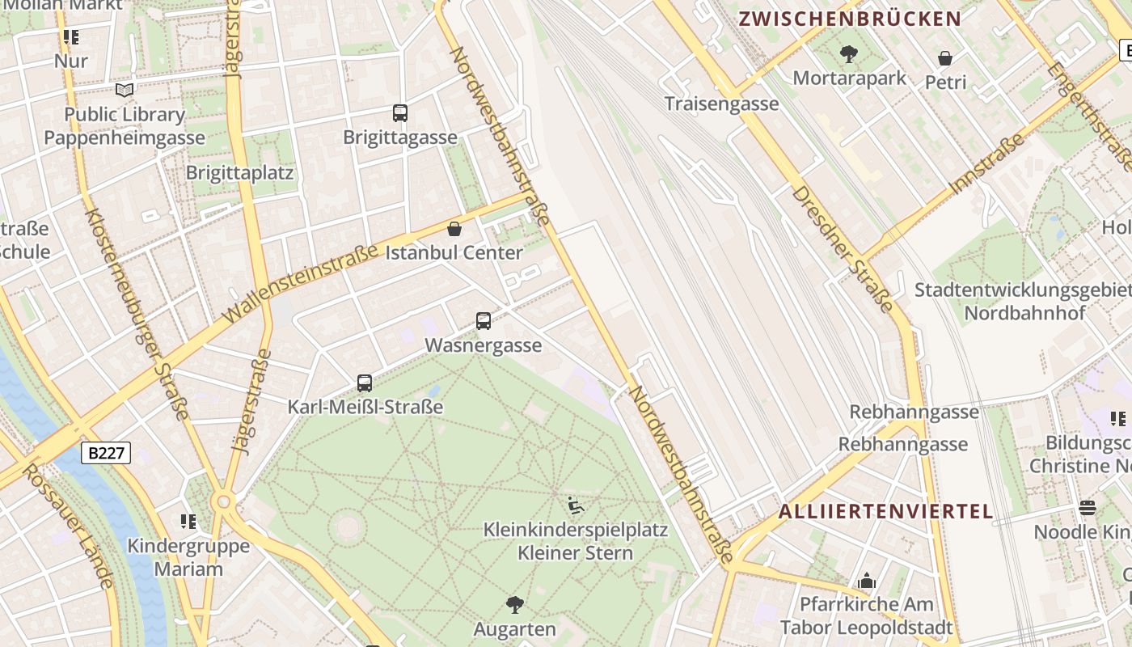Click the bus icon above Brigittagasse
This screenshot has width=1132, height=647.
400,113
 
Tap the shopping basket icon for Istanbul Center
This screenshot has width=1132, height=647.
454,229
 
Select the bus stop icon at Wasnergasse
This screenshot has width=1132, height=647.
484,321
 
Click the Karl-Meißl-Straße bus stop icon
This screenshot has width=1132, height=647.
365,383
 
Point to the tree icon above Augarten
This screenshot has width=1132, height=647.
514,604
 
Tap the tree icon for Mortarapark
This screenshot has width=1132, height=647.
849,54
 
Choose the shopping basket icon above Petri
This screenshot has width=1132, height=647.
945,58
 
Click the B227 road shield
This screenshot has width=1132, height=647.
106,453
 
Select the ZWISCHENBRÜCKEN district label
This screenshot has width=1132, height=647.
850,19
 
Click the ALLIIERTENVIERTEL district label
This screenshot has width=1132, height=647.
885,511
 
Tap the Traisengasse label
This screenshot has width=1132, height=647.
721,104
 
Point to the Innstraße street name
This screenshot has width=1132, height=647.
987,163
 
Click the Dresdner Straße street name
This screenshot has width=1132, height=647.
843,248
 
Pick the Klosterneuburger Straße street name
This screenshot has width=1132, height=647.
137,314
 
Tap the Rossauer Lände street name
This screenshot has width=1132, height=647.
67,526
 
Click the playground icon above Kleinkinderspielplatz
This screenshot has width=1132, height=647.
576,506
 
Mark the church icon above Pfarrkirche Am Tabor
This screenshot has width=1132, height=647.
867,581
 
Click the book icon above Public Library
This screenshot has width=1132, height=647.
125,90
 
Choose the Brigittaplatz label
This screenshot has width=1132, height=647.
239,173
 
